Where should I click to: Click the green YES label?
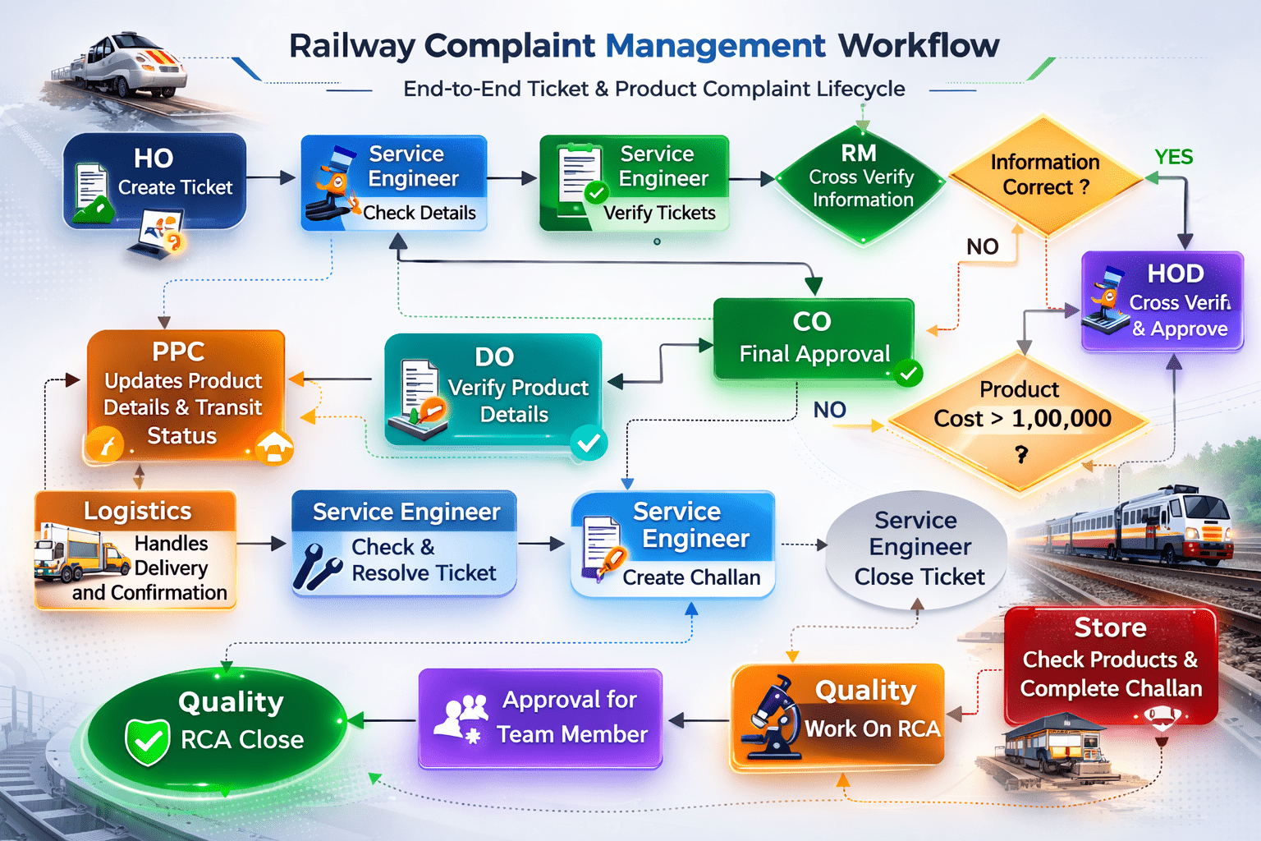(1173, 157)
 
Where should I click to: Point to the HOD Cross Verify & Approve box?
(1162, 302)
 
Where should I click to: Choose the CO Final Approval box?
(813, 339)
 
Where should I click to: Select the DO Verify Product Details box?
(493, 388)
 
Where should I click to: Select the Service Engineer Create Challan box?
(672, 544)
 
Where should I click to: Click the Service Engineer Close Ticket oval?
(917, 549)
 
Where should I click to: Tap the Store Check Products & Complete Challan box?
(1110, 664)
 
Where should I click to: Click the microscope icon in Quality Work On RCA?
(772, 715)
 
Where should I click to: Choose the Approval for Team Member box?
(540, 718)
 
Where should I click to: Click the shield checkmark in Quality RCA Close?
(148, 741)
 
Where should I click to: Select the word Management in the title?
(715, 46)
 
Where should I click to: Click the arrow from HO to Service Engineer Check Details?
(272, 177)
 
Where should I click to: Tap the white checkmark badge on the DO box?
(588, 443)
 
